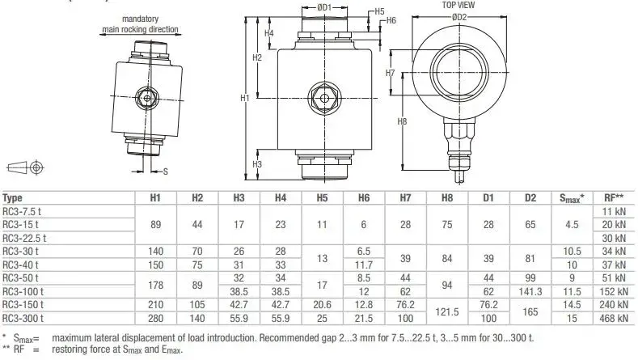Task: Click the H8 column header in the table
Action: [447, 198]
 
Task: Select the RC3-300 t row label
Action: [23, 318]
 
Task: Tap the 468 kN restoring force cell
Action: [614, 318]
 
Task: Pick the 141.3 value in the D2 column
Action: [530, 291]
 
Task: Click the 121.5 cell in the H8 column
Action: [447, 311]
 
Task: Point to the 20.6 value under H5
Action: [322, 305]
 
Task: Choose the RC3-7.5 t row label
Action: [22, 211]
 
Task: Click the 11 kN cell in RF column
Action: [614, 211]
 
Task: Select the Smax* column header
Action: [572, 198]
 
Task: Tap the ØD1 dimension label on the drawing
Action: [324, 7]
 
